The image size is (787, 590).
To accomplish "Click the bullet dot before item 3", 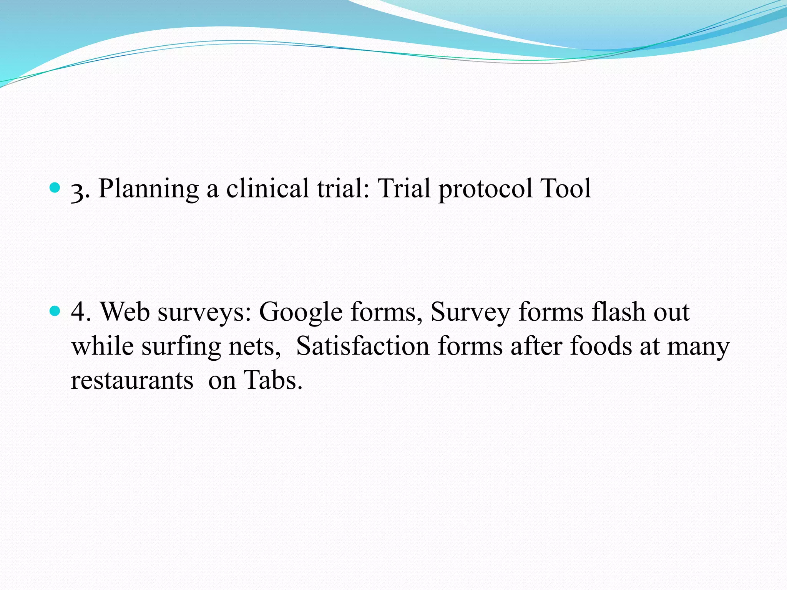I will [x=55, y=188].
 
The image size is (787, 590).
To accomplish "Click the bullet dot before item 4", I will [x=55, y=311].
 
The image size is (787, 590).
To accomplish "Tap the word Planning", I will [x=148, y=189].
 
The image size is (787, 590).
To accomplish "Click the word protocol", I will [x=486, y=189].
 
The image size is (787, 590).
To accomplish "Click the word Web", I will [x=125, y=312].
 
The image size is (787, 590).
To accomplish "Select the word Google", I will [x=301, y=312].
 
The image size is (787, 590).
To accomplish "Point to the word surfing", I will [x=181, y=347].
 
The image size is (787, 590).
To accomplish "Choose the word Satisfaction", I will [x=362, y=346].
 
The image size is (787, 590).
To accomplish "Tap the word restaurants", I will [x=132, y=381].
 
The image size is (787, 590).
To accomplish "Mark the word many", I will [x=698, y=347].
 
